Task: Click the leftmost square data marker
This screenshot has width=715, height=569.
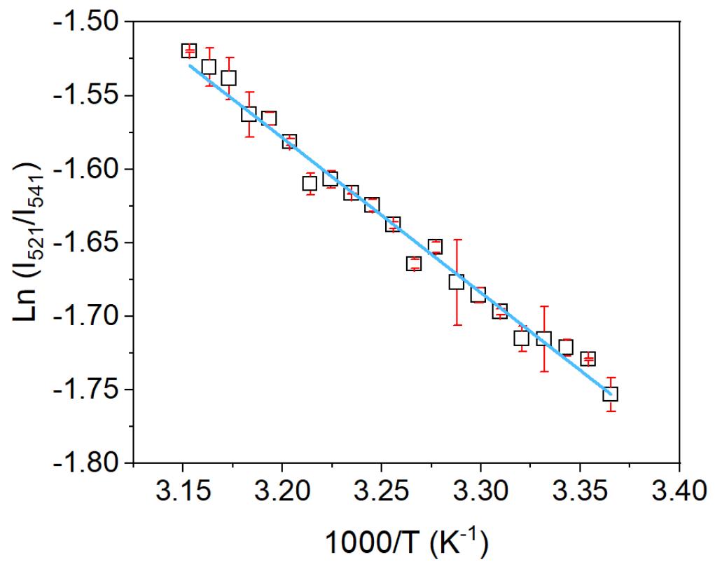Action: click(188, 50)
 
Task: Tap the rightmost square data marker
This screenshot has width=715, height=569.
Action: click(611, 395)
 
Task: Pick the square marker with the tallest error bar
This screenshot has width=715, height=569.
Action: click(457, 282)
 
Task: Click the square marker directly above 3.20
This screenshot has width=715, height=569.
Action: click(289, 142)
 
